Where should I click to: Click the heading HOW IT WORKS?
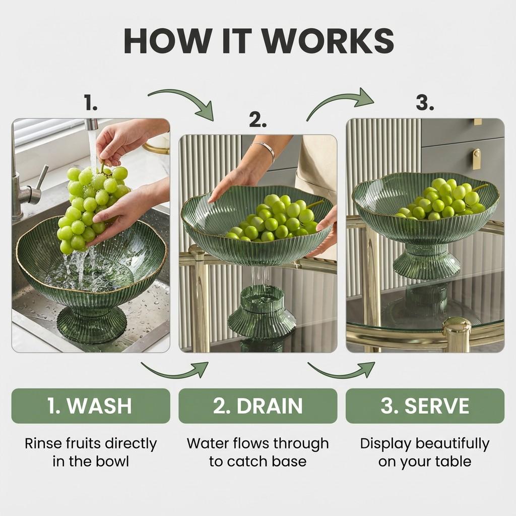coord(258,41)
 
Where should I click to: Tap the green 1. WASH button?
coord(91,406)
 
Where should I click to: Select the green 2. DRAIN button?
coord(257,406)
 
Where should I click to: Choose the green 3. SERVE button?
coord(425,406)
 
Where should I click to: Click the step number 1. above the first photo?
coord(91,104)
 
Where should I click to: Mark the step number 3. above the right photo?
coord(425,103)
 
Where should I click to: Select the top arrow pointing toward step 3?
coord(341,102)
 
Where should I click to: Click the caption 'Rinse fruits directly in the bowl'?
coord(91,452)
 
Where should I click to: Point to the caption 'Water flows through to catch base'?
coord(257,452)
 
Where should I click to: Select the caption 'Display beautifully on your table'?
coord(425,452)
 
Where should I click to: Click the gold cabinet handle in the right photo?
coord(476,159)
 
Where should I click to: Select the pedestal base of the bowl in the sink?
coord(91,322)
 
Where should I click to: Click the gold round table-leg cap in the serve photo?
coord(457,333)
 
